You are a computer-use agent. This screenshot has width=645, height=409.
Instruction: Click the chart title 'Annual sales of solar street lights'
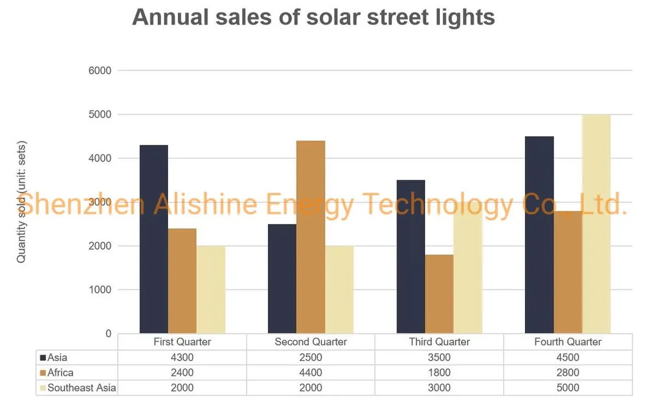[x=313, y=18]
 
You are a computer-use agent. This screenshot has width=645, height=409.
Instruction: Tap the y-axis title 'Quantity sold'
[x=22, y=201]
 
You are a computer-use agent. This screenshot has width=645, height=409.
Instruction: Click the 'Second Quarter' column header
[x=311, y=342]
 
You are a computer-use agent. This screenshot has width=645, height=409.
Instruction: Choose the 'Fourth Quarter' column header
[x=568, y=342]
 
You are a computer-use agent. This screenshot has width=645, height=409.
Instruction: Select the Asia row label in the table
[x=57, y=357]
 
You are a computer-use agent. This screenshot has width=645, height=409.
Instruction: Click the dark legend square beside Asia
[x=43, y=357]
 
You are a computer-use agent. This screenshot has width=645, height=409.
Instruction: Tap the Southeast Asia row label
[x=82, y=388]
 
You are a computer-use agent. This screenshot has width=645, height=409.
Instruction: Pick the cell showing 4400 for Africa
[x=311, y=372]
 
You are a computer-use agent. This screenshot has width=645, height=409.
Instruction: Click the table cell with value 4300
[x=182, y=357]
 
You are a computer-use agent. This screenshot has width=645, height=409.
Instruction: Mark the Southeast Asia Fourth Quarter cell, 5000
[x=568, y=388]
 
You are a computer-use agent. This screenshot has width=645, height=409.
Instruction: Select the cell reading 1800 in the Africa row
[x=439, y=372]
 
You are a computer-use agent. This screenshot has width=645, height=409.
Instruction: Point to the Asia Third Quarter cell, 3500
[x=439, y=357]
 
